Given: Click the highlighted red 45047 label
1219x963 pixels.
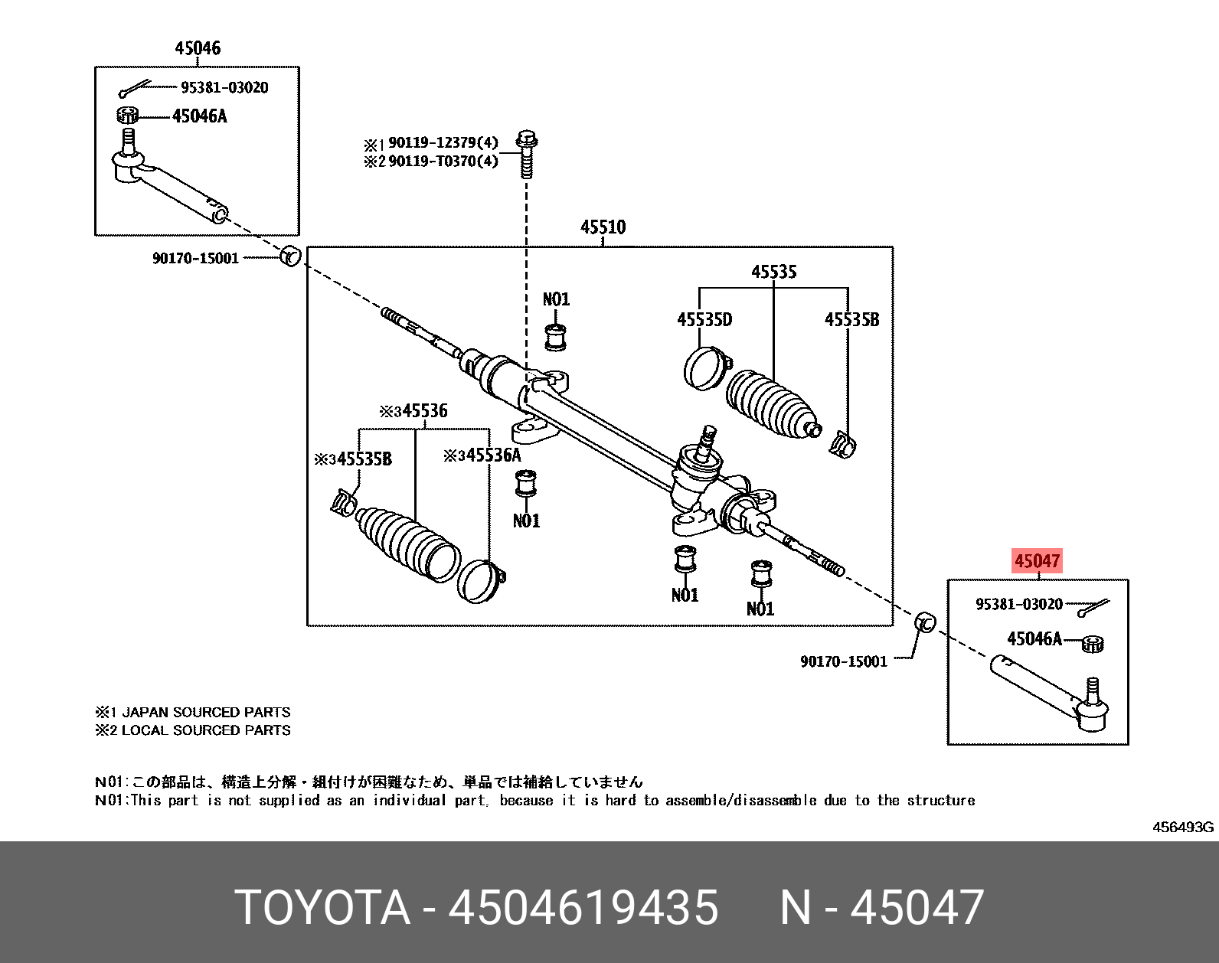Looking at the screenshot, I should (1037, 561).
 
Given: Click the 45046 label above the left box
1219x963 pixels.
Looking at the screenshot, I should (198, 48).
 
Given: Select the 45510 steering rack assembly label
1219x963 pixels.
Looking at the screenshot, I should (603, 227).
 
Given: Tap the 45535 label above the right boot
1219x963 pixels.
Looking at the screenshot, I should (773, 272).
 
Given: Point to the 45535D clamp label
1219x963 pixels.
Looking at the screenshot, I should (704, 320).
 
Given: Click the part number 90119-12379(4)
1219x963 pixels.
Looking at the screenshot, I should (443, 142).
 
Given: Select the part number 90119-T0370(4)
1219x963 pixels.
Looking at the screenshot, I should (443, 161).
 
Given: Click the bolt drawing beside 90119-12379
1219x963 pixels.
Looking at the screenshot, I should (527, 153).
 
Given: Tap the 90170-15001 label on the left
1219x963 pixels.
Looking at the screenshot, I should (195, 259).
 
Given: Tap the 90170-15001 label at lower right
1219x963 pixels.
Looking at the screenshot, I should (843, 661).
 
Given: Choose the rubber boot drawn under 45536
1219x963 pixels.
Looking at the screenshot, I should (406, 544).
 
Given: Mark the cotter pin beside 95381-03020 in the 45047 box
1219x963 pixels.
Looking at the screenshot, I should (1093, 608).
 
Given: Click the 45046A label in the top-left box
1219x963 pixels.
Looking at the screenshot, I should (199, 116).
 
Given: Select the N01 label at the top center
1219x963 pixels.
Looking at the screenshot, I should (556, 299).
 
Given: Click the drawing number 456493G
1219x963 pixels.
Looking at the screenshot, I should (1182, 827).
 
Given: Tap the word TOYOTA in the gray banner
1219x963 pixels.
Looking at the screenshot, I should (322, 908).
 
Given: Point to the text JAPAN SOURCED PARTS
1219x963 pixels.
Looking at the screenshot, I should (207, 712).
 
